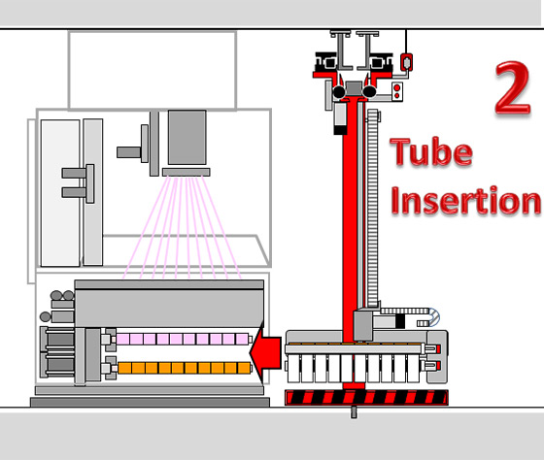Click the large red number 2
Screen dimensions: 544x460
tap(513, 87)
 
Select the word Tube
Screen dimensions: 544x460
tap(431, 151)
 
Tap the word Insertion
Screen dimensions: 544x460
tap(465, 200)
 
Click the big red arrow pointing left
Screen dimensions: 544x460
tap(265, 353)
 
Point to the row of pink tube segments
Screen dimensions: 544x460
tap(183, 339)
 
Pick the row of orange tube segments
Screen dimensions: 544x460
tap(184, 368)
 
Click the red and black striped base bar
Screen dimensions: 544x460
tap(366, 397)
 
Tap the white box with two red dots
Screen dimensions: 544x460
tap(397, 91)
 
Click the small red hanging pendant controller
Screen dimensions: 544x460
tap(407, 62)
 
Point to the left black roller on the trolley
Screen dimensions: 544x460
tap(339, 92)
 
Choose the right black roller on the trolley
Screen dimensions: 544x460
tap(369, 91)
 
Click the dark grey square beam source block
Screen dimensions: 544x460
tap(187, 137)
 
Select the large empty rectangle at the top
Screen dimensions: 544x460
tap(153, 71)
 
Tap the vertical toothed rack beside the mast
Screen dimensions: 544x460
tap(373, 208)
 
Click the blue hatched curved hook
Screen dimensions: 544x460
tap(433, 317)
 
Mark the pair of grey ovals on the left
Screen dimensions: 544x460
tap(62, 296)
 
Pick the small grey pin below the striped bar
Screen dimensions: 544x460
tap(354, 411)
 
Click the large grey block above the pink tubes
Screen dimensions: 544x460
tap(169, 307)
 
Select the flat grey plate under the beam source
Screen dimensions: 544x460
tap(186, 172)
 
